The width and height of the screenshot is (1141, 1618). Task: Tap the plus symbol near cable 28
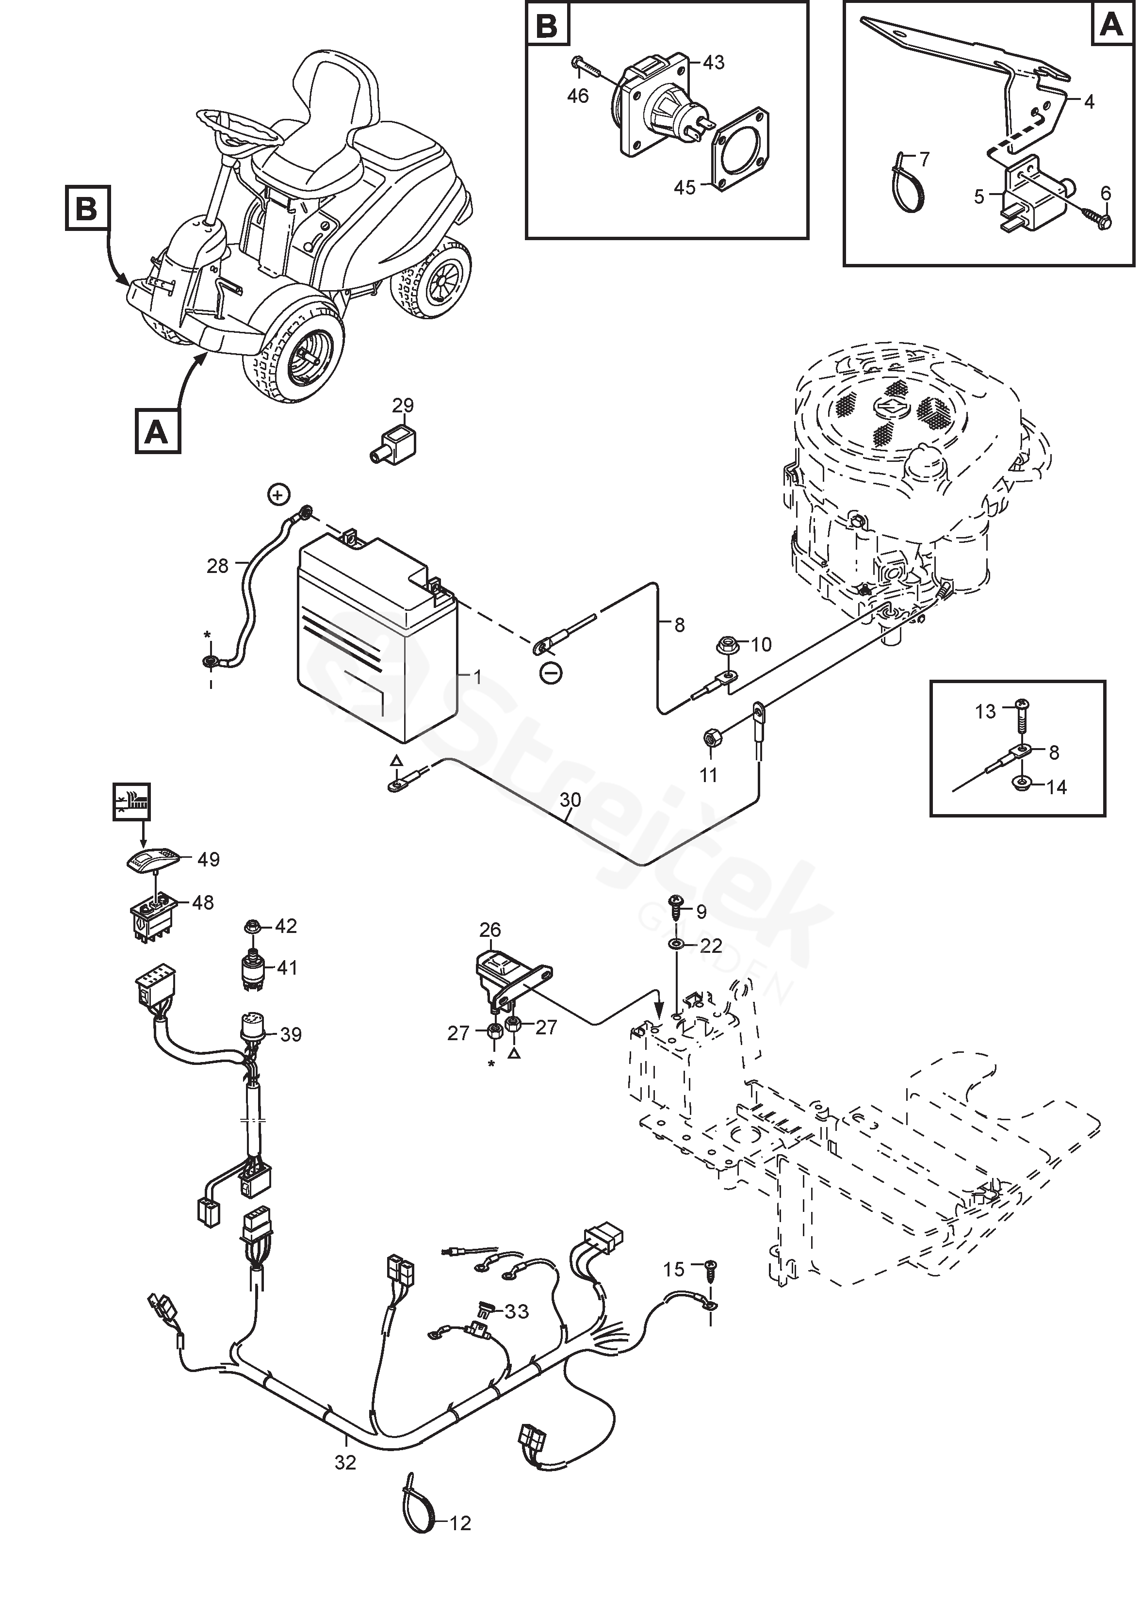279,495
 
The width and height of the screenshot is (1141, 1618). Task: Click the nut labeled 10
727,645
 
